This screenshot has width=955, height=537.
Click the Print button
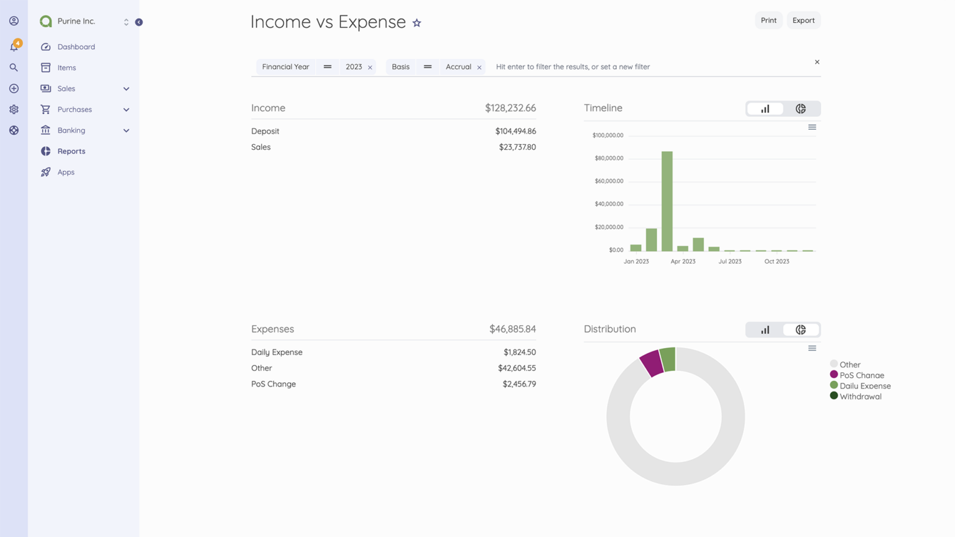tap(768, 21)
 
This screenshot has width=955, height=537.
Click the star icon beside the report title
tap(417, 23)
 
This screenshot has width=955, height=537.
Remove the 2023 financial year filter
tap(370, 67)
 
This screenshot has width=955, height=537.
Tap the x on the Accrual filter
tap(479, 67)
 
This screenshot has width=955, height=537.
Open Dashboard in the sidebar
tap(76, 47)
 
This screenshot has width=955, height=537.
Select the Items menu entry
tap(67, 68)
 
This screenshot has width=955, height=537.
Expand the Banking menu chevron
tap(126, 131)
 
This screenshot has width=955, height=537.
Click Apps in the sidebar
tap(66, 172)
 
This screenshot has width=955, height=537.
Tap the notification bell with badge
tap(14, 47)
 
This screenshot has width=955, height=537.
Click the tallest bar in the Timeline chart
tap(667, 200)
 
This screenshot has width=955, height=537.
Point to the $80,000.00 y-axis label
tap(609, 158)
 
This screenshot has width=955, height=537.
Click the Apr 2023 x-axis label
tap(683, 262)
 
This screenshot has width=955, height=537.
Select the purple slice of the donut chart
tap(652, 362)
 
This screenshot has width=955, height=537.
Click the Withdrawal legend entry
tap(860, 397)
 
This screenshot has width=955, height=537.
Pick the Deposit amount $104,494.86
tap(515, 131)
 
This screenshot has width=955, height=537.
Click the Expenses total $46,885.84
tap(512, 329)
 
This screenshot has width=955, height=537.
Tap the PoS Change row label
tap(274, 384)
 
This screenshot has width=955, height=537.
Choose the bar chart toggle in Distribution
tap(765, 330)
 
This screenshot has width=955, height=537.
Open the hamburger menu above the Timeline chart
tap(812, 127)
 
